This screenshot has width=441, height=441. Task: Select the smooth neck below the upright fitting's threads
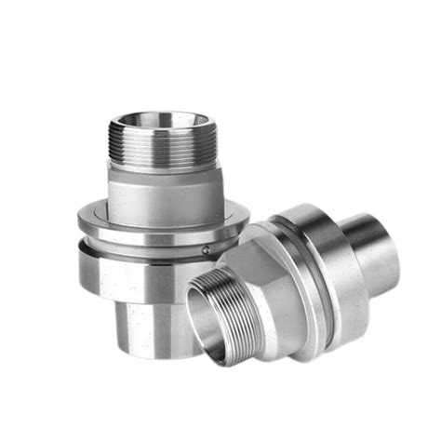pyautogui.click(x=163, y=191)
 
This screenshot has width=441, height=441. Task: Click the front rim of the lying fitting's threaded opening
pyautogui.click(x=201, y=340)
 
